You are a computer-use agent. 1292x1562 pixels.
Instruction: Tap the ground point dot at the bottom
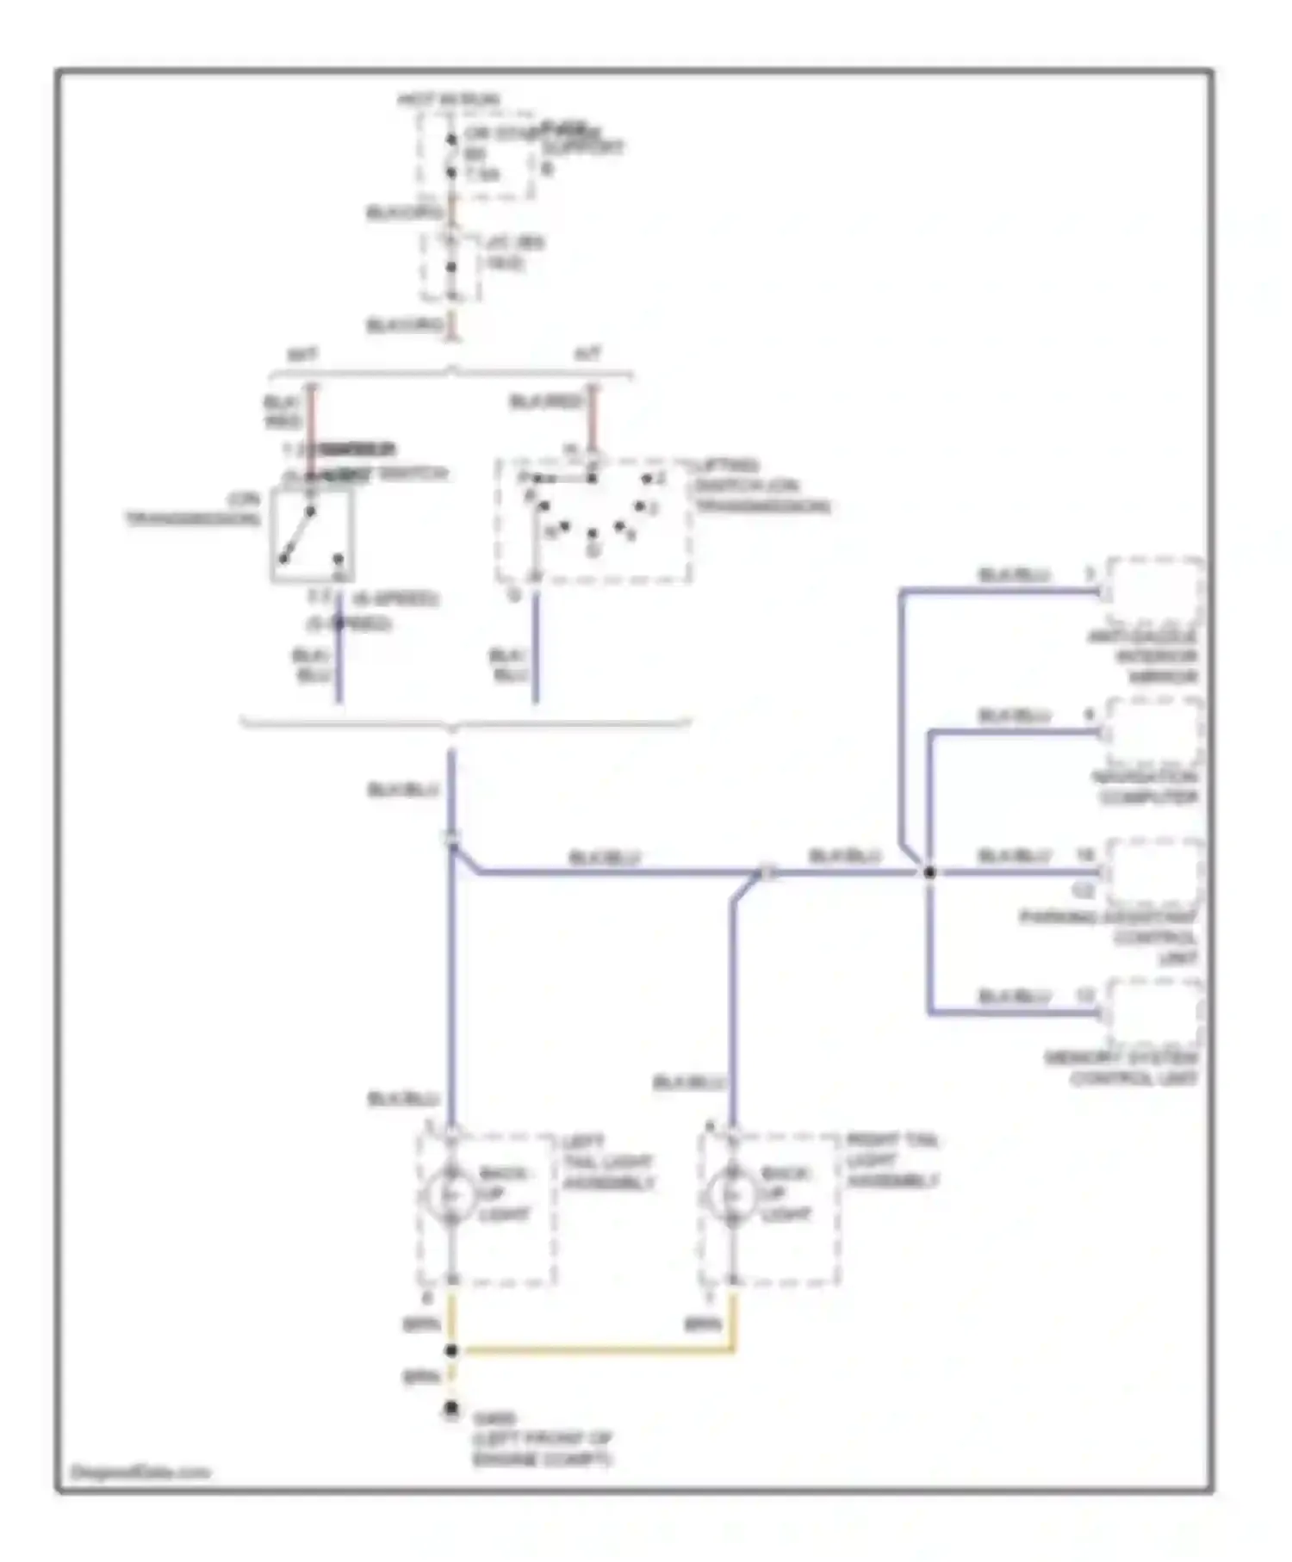click(450, 1409)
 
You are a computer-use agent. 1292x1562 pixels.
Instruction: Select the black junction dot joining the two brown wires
click(450, 1351)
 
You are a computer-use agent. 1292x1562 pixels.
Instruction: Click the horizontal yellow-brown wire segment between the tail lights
click(594, 1351)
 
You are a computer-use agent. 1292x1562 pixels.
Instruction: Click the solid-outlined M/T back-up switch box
click(312, 535)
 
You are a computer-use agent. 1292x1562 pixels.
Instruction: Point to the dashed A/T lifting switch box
click(593, 522)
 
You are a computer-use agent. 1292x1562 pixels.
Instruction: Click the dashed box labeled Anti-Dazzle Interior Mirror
click(1154, 592)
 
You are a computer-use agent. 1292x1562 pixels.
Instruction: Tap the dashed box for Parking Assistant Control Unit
click(1154, 872)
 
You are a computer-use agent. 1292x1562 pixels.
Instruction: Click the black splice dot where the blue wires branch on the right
click(929, 872)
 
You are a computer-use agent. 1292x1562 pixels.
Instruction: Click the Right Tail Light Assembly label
click(891, 1161)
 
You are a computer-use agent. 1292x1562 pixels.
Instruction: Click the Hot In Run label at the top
click(448, 100)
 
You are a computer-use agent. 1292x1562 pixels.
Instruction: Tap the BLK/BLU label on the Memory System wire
click(1015, 997)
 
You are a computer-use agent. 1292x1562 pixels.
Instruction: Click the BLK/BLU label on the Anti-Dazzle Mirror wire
click(1014, 575)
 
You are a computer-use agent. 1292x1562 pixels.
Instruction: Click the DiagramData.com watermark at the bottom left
click(140, 1472)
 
